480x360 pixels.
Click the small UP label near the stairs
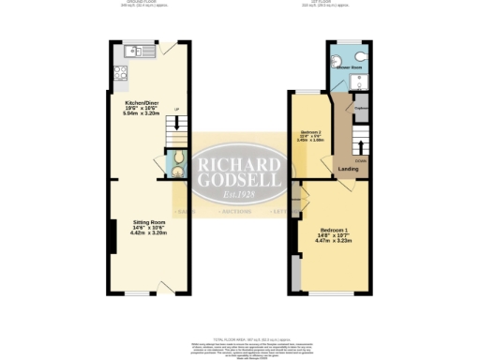coord(176,110)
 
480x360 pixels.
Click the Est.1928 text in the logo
coord(241,194)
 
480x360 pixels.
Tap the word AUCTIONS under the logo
coord(234,211)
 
